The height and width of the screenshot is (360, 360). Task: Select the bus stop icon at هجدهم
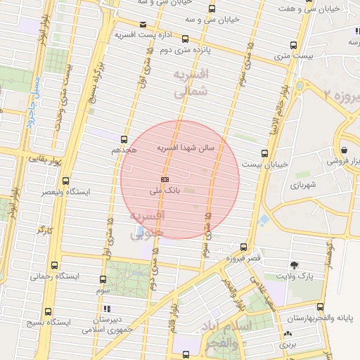pyautogui.click(x=124, y=139)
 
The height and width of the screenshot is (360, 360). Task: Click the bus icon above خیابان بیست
pyautogui.click(x=264, y=153)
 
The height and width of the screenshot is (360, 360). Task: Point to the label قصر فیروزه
pyautogui.click(x=243, y=258)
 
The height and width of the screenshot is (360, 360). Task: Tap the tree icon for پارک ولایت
pyautogui.click(x=294, y=265)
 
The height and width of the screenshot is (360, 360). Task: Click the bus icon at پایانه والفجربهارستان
pyautogui.click(x=321, y=307)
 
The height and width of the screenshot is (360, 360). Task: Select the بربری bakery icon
pyautogui.click(x=288, y=334)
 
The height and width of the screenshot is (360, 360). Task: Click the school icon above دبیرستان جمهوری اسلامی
pyautogui.click(x=106, y=308)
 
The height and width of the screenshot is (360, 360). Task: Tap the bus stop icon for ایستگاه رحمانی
pyautogui.click(x=56, y=266)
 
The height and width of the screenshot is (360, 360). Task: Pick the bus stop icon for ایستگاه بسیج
pyautogui.click(x=48, y=311)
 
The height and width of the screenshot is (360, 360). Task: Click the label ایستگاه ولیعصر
pyautogui.click(x=44, y=191)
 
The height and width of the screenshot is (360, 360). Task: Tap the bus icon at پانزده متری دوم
pyautogui.click(x=185, y=39)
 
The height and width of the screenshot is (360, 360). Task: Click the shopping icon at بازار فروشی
pyautogui.click(x=344, y=150)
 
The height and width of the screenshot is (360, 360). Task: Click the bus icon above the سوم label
pyautogui.click(x=103, y=279)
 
